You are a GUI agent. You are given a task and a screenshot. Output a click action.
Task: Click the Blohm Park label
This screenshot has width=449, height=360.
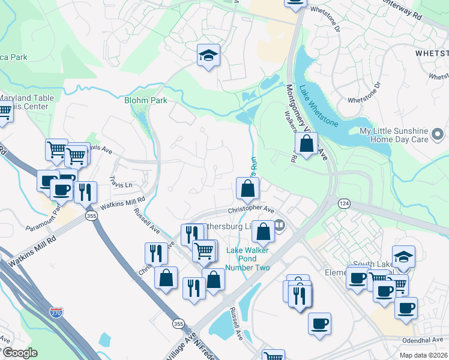[x=145, y=100]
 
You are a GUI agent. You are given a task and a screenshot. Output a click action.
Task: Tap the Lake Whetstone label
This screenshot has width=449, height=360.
[x=319, y=107]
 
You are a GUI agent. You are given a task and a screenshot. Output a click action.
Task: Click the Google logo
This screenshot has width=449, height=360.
[x=20, y=353]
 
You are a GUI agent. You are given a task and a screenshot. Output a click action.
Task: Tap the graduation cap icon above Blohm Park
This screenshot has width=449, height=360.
[x=208, y=56]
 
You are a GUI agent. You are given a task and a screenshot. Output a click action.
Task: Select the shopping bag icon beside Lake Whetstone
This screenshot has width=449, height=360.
[x=306, y=144]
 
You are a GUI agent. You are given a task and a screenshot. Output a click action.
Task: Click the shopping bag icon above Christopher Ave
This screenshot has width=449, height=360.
[x=247, y=188]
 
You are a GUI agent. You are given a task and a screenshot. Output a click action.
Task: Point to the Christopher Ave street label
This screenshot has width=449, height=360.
[x=251, y=210]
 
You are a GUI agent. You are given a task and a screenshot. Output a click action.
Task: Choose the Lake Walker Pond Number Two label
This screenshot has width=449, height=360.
[x=247, y=259]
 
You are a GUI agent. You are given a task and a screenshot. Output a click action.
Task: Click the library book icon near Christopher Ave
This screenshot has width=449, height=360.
[x=280, y=226]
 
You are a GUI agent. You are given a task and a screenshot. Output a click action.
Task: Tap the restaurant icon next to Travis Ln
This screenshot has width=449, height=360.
[x=85, y=192]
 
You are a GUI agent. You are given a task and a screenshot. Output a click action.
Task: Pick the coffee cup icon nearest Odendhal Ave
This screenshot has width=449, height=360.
[x=406, y=308]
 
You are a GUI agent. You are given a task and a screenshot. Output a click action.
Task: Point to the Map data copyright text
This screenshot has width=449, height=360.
[x=424, y=355]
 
